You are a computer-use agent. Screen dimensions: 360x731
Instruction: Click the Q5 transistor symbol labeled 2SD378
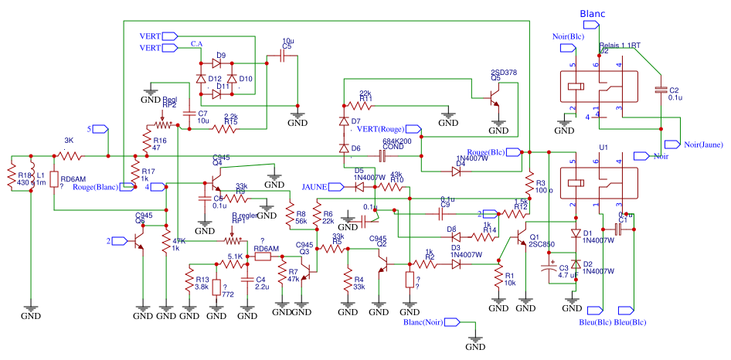pyautogui.click(x=495, y=98)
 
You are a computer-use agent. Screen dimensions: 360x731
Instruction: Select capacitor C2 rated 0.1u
pyautogui.click(x=661, y=89)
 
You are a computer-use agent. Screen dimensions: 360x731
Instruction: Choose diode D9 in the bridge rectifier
pyautogui.click(x=220, y=63)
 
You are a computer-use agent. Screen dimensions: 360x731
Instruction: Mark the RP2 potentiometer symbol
pyautogui.click(x=162, y=124)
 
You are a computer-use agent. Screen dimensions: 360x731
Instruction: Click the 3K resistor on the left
pyautogui.click(x=70, y=156)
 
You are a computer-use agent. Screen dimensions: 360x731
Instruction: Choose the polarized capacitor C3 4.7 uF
pyautogui.click(x=549, y=270)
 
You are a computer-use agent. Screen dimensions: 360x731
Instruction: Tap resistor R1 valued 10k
pyautogui.click(x=498, y=278)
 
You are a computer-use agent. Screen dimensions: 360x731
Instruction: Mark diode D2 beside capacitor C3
pyautogui.click(x=576, y=264)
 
